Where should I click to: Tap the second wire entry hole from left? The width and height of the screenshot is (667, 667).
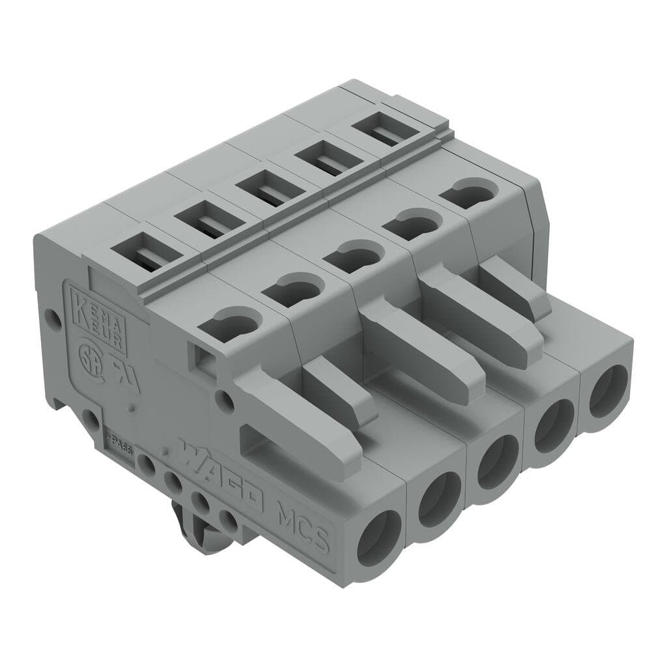(440, 498)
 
